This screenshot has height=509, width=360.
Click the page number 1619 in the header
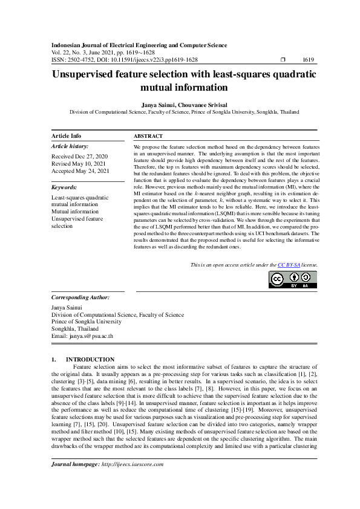click(x=307, y=60)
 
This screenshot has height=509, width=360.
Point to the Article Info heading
click(x=67, y=136)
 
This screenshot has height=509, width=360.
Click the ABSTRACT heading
click(x=148, y=137)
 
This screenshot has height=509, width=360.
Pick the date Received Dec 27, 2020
click(x=80, y=156)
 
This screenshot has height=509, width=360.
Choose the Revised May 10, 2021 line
click(x=79, y=163)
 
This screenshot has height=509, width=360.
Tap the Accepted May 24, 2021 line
click(x=80, y=171)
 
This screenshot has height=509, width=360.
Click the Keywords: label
click(x=66, y=187)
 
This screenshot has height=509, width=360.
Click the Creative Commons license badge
click(x=293, y=279)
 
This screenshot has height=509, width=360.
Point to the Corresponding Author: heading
click(x=80, y=297)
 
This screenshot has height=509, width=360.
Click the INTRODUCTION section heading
click(x=90, y=359)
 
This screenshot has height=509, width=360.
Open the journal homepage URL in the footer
click(x=132, y=464)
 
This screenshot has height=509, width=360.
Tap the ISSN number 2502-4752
click(x=80, y=60)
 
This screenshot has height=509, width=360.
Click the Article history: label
click(x=70, y=146)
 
